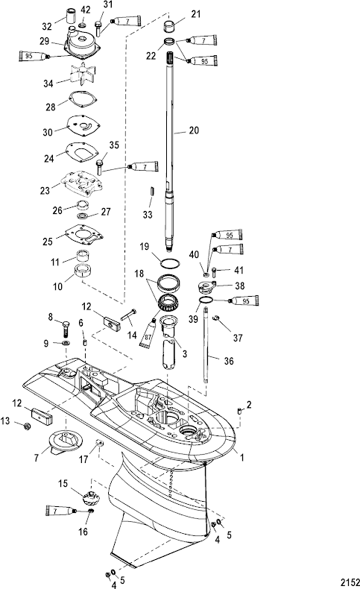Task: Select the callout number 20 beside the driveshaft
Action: click(194, 130)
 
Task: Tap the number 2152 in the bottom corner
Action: click(350, 582)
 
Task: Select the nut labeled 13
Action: click(27, 426)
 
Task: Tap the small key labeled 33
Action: click(152, 189)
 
